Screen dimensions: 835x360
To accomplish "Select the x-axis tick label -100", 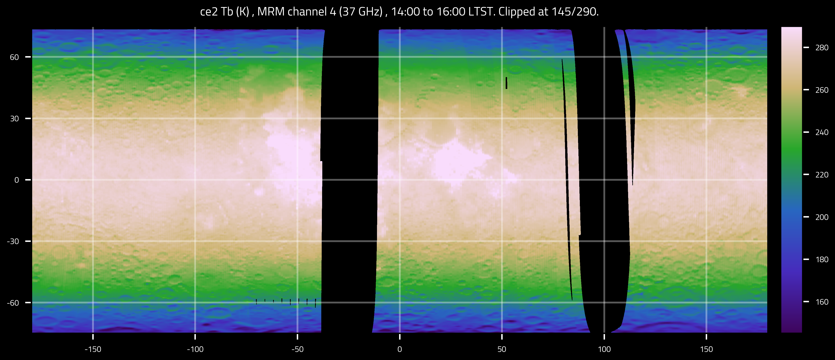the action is point(195,349).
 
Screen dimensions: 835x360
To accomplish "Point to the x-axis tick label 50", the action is point(502,349).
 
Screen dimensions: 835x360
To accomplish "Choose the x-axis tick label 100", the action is point(604,349).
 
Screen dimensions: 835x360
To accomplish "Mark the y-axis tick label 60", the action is point(14,57).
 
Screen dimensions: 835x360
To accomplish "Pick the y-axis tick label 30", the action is point(14,119).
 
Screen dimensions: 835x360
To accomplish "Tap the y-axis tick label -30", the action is point(13,241).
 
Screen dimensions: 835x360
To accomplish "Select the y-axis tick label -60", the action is point(13,303).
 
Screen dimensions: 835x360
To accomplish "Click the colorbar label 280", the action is point(822,48).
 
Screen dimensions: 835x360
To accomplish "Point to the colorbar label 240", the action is point(822,132).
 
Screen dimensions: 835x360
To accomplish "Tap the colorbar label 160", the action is point(822,302).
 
